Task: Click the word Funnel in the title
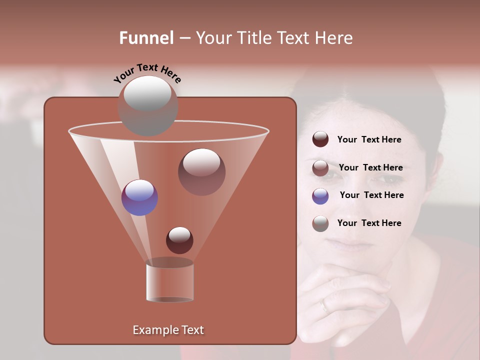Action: [x=146, y=37]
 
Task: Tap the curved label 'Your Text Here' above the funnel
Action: [x=147, y=73]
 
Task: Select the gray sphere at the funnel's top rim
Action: [x=147, y=105]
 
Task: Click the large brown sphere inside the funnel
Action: [x=201, y=171]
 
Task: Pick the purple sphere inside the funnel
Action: [x=139, y=197]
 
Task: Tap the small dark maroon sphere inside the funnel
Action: [x=179, y=240]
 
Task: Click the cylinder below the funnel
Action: [x=169, y=281]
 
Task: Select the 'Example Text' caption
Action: [x=168, y=330]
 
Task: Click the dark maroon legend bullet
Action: [x=320, y=139]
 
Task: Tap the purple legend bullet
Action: [x=320, y=195]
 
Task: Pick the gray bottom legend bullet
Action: [x=320, y=223]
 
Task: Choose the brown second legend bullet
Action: [x=320, y=168]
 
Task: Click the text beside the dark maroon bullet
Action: [x=369, y=139]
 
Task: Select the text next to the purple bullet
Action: [x=371, y=195]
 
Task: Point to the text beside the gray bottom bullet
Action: [x=369, y=223]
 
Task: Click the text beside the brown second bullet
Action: [x=370, y=167]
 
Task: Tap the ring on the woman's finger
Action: [x=325, y=304]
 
